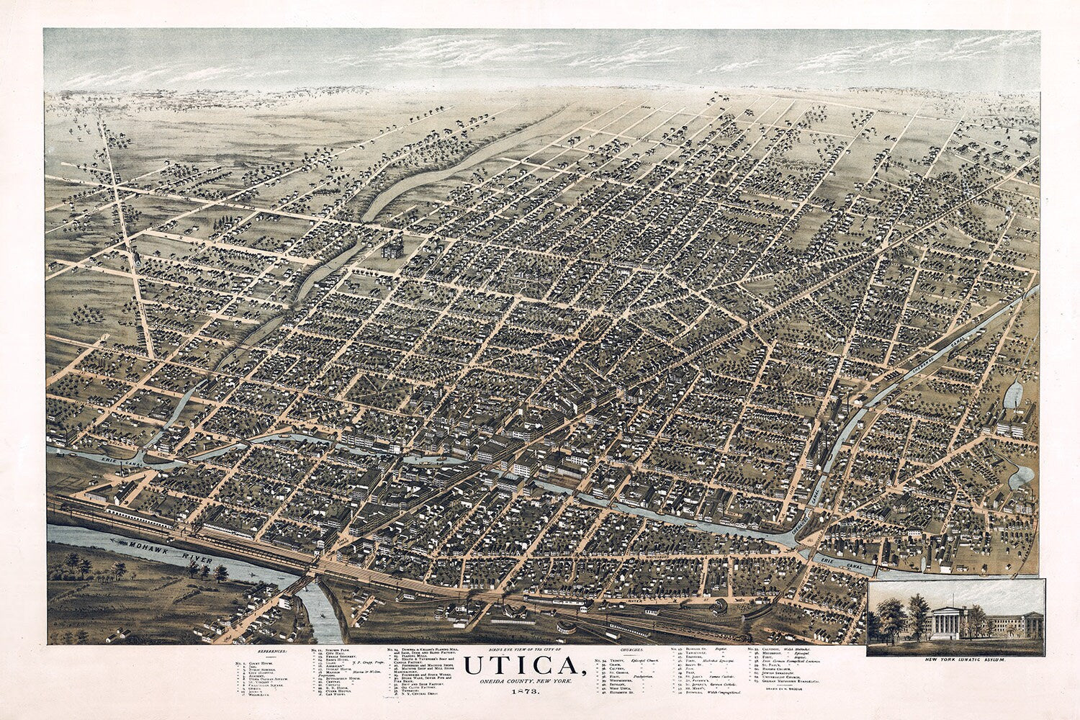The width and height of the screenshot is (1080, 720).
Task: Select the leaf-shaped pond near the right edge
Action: click(x=1013, y=395)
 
